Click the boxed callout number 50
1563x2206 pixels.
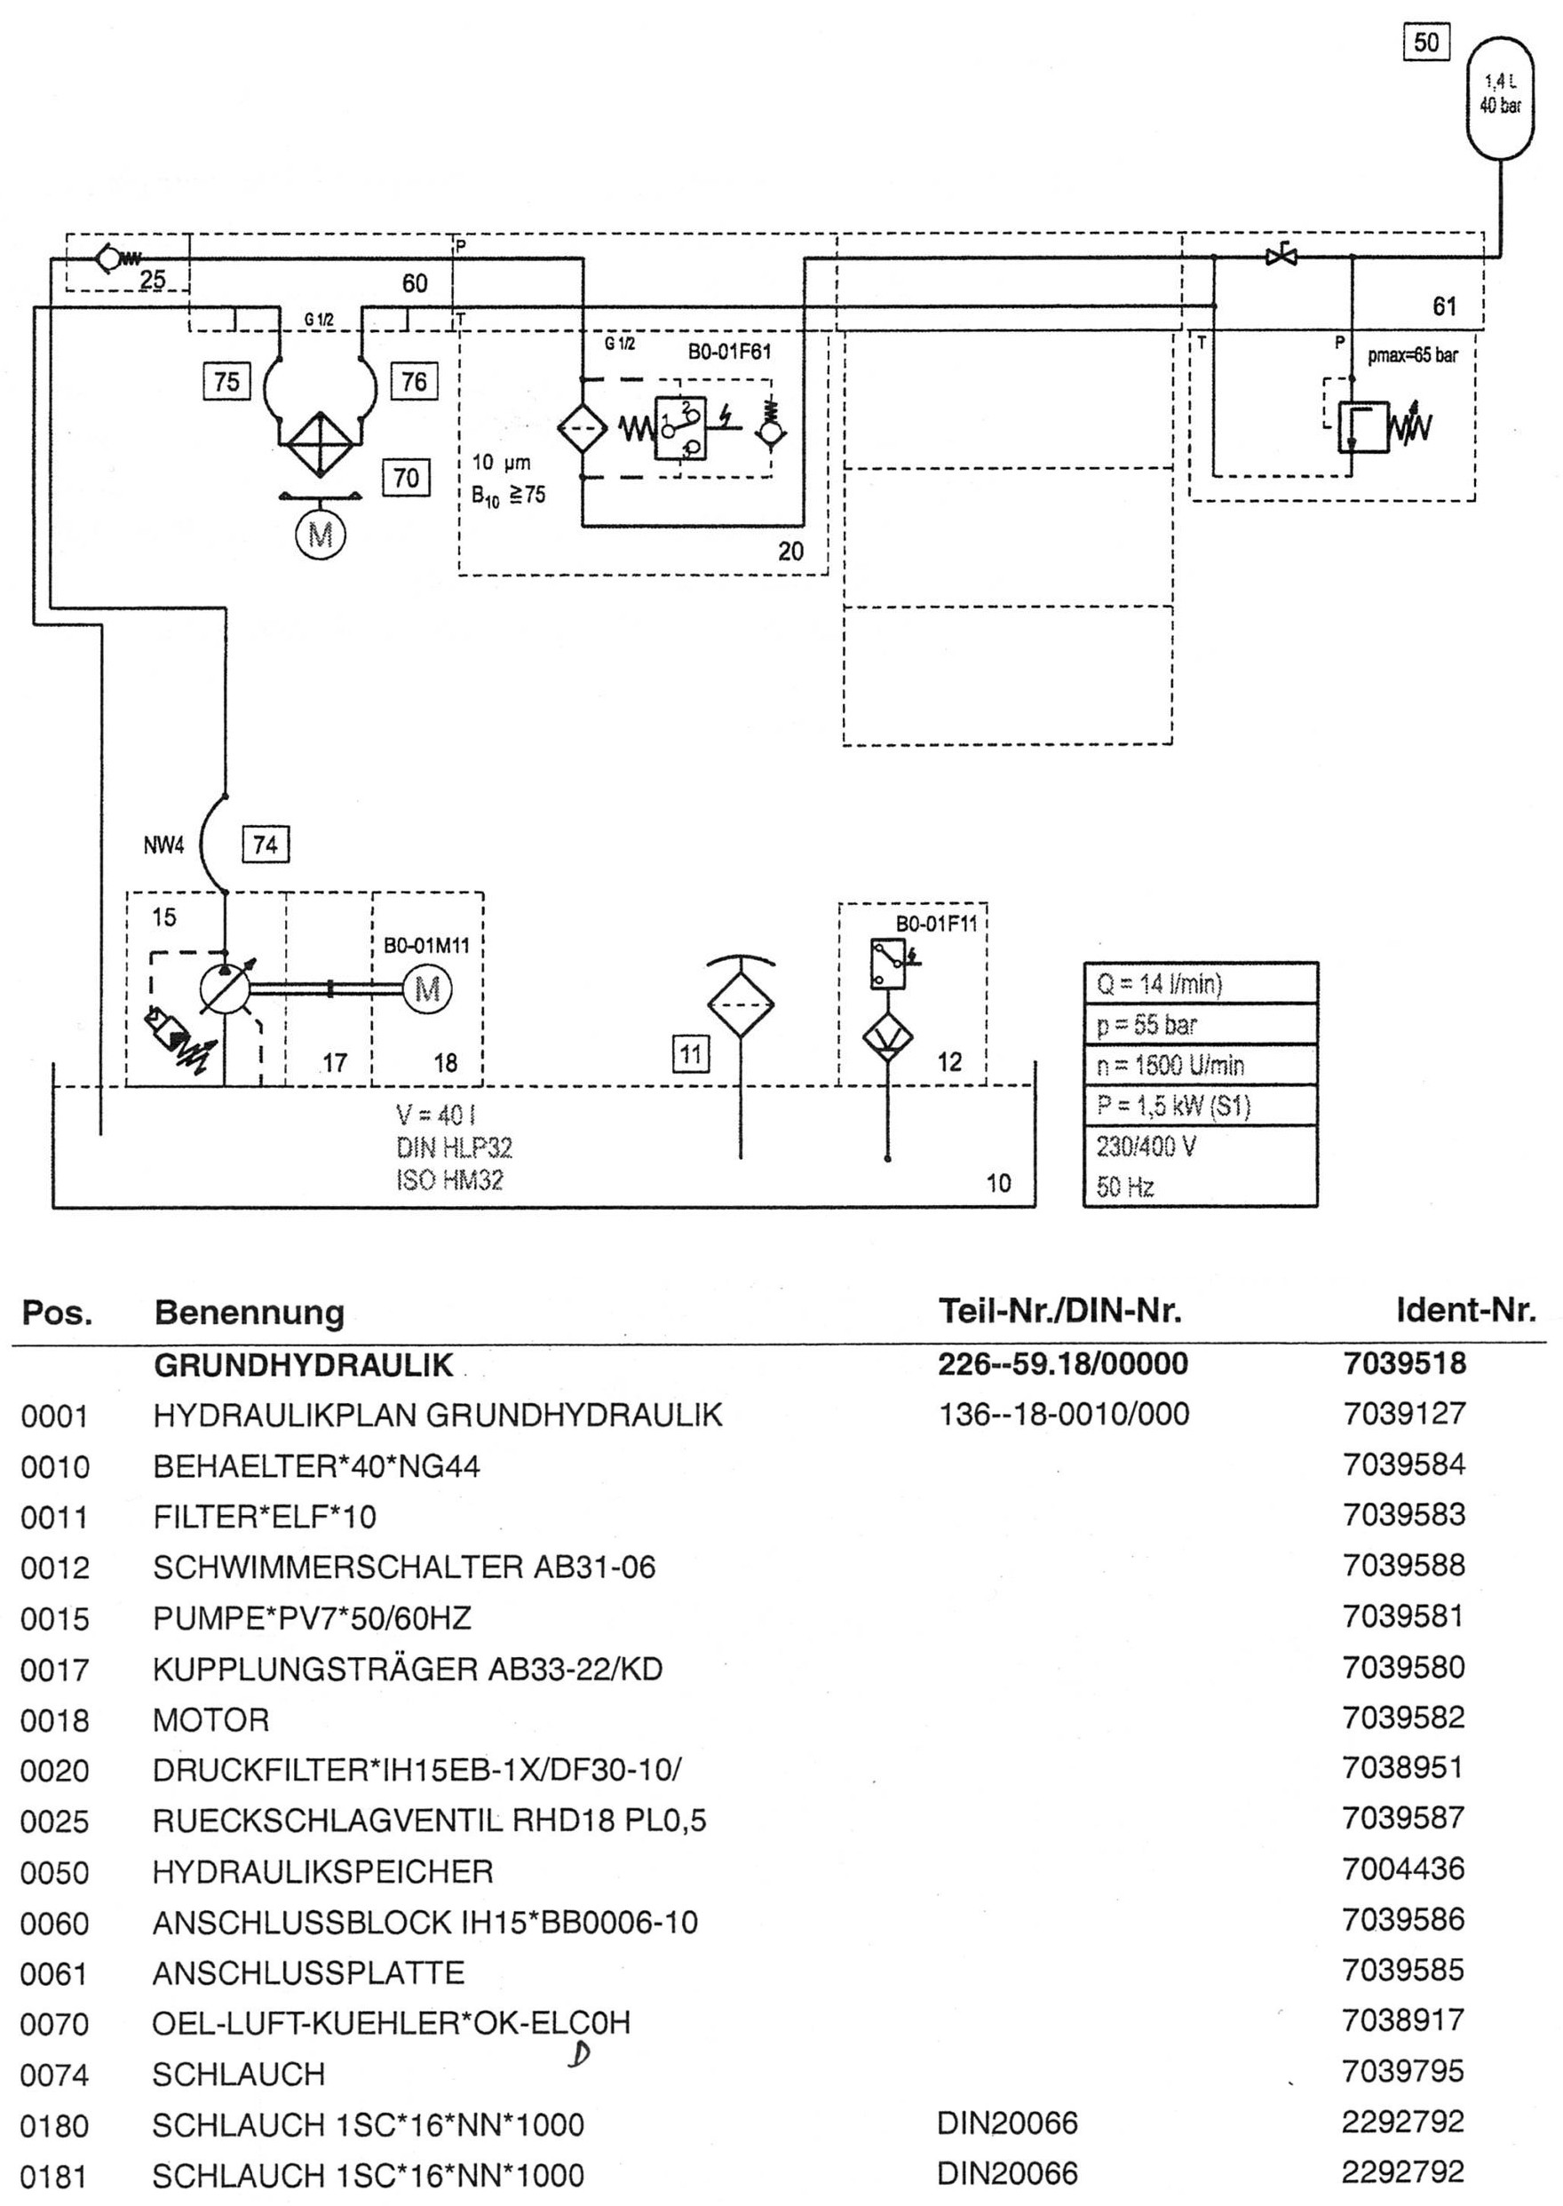pos(1426,43)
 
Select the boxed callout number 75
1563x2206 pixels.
pos(226,381)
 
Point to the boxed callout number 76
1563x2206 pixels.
pos(414,381)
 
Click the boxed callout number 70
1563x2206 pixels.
pos(406,478)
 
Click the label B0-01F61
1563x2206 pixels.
pos(729,353)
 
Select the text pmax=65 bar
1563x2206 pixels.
pos(1413,355)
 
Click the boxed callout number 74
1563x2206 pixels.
pos(265,845)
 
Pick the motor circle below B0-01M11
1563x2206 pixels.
pos(427,989)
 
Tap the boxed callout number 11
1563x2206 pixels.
pos(690,1054)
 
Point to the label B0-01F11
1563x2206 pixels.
pos(936,924)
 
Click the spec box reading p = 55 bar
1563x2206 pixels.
pos(1200,1024)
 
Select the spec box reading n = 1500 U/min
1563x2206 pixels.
pos(1200,1065)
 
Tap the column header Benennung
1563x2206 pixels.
pos(250,1313)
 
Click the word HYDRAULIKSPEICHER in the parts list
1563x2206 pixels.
pos(322,1871)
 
